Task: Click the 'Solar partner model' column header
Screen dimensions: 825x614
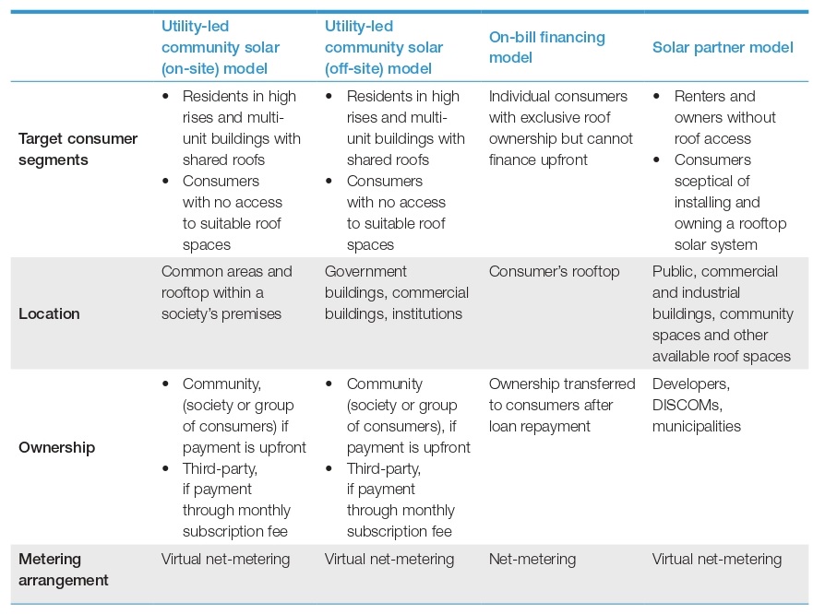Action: (x=723, y=47)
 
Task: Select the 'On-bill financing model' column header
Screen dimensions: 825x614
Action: (x=546, y=47)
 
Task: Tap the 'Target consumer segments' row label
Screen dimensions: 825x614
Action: (x=78, y=149)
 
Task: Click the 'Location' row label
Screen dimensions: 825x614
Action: (x=49, y=313)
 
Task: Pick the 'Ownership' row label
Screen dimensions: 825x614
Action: (x=57, y=447)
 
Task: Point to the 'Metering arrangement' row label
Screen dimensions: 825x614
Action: (x=63, y=570)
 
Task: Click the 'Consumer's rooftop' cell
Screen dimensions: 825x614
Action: (x=554, y=271)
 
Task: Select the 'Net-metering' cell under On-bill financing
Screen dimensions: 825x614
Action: (x=532, y=559)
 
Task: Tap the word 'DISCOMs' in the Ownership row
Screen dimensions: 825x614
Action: (x=686, y=405)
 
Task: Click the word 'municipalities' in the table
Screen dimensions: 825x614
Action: (x=697, y=426)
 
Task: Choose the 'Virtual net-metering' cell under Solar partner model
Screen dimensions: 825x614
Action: (x=717, y=559)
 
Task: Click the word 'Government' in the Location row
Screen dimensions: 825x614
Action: (x=365, y=271)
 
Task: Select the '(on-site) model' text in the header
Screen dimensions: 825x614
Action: (x=214, y=68)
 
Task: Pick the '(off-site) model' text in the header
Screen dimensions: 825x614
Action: (x=377, y=68)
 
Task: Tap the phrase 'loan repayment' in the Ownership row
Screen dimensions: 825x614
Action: (x=539, y=426)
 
